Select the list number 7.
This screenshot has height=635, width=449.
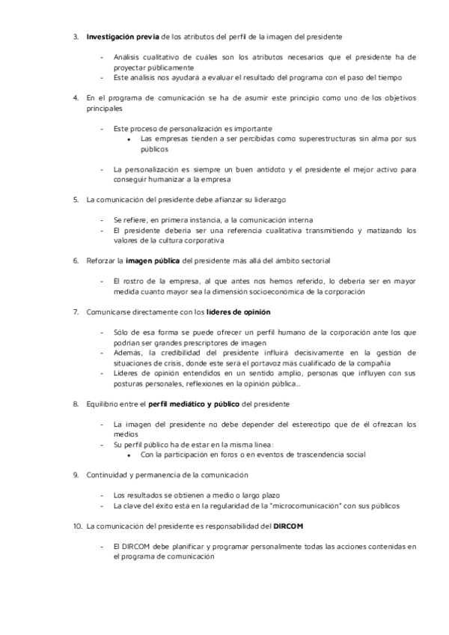(x=75, y=311)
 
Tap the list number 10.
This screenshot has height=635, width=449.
(x=77, y=527)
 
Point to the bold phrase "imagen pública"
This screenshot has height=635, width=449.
(x=153, y=261)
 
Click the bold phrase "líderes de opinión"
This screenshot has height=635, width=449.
(x=239, y=311)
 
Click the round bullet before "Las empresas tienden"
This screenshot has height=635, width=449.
(x=129, y=139)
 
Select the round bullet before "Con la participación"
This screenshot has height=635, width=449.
(x=129, y=455)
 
